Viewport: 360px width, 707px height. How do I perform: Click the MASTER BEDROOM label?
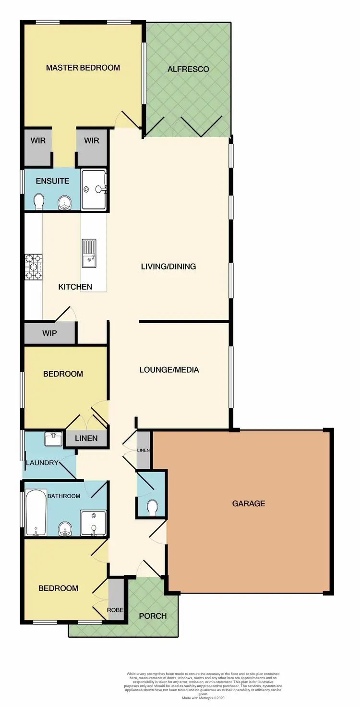83,68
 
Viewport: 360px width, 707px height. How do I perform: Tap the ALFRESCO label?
188,69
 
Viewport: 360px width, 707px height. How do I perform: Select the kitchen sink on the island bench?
89,253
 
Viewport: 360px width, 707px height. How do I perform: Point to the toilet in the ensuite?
39,203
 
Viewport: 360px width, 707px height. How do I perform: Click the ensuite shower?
94,189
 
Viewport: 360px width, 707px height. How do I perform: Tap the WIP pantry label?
50,333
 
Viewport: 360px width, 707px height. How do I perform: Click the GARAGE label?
249,503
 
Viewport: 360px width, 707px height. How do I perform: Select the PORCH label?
153,616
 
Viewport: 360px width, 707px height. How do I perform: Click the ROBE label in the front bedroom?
115,610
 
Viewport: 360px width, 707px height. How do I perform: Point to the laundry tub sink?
53,439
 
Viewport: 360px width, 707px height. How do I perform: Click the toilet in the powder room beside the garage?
152,508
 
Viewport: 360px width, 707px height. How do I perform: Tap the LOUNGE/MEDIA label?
169,370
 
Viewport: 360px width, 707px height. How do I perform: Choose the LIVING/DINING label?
168,266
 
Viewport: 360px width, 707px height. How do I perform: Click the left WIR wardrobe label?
38,141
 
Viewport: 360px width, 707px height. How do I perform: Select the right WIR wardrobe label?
91,141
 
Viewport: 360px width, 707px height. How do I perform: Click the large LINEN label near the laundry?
86,438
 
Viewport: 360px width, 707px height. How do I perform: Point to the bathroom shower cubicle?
93,523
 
